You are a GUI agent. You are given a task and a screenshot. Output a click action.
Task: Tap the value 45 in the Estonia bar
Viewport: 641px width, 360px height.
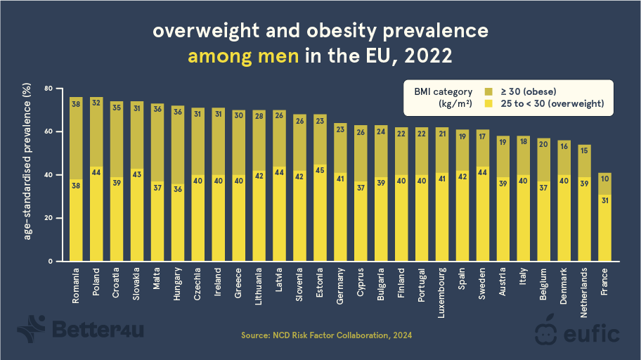(x=320, y=169)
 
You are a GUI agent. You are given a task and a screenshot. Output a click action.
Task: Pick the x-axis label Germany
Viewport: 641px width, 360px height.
(x=340, y=286)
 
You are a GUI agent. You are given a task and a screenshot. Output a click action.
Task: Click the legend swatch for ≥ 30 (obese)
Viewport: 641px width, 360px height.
(x=489, y=91)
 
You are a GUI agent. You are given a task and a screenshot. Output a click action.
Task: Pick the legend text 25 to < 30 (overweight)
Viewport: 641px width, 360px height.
(x=552, y=104)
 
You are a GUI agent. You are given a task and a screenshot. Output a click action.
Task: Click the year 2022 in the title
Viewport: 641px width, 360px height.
(x=426, y=56)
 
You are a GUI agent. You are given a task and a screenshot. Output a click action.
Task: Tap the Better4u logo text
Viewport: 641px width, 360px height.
(x=98, y=329)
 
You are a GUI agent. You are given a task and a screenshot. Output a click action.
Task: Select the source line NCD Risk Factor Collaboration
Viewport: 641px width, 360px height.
(x=327, y=336)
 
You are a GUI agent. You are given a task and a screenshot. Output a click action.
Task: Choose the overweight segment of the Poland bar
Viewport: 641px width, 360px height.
(x=97, y=214)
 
